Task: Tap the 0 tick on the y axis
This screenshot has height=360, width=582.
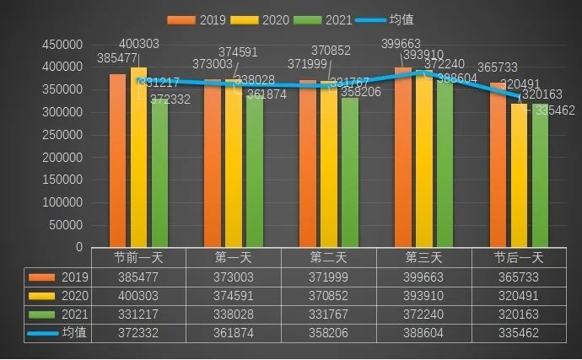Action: click(78, 249)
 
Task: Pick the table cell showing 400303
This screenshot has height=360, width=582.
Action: click(138, 295)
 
